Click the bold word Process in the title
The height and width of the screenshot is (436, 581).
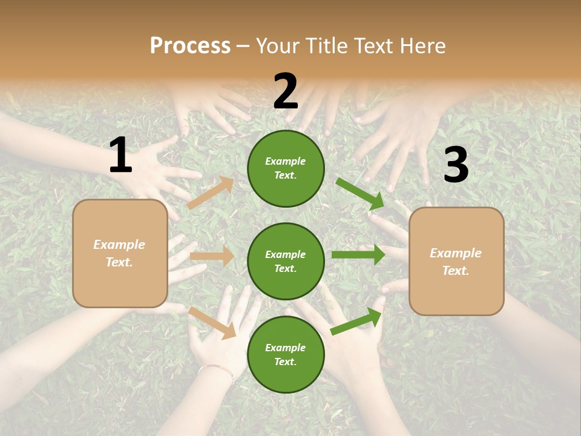(190, 46)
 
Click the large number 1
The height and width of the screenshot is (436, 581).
(120, 156)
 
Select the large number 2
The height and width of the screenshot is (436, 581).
(286, 91)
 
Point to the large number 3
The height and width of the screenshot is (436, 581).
(456, 165)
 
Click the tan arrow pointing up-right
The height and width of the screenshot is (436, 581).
(211, 193)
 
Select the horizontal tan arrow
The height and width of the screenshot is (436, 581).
(212, 256)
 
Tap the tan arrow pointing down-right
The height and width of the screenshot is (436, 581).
(212, 322)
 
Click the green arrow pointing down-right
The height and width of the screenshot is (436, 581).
(360, 194)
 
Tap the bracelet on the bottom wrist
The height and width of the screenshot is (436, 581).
(217, 369)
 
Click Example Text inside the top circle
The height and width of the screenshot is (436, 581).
(286, 168)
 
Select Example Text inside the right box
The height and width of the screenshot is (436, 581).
(456, 262)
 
